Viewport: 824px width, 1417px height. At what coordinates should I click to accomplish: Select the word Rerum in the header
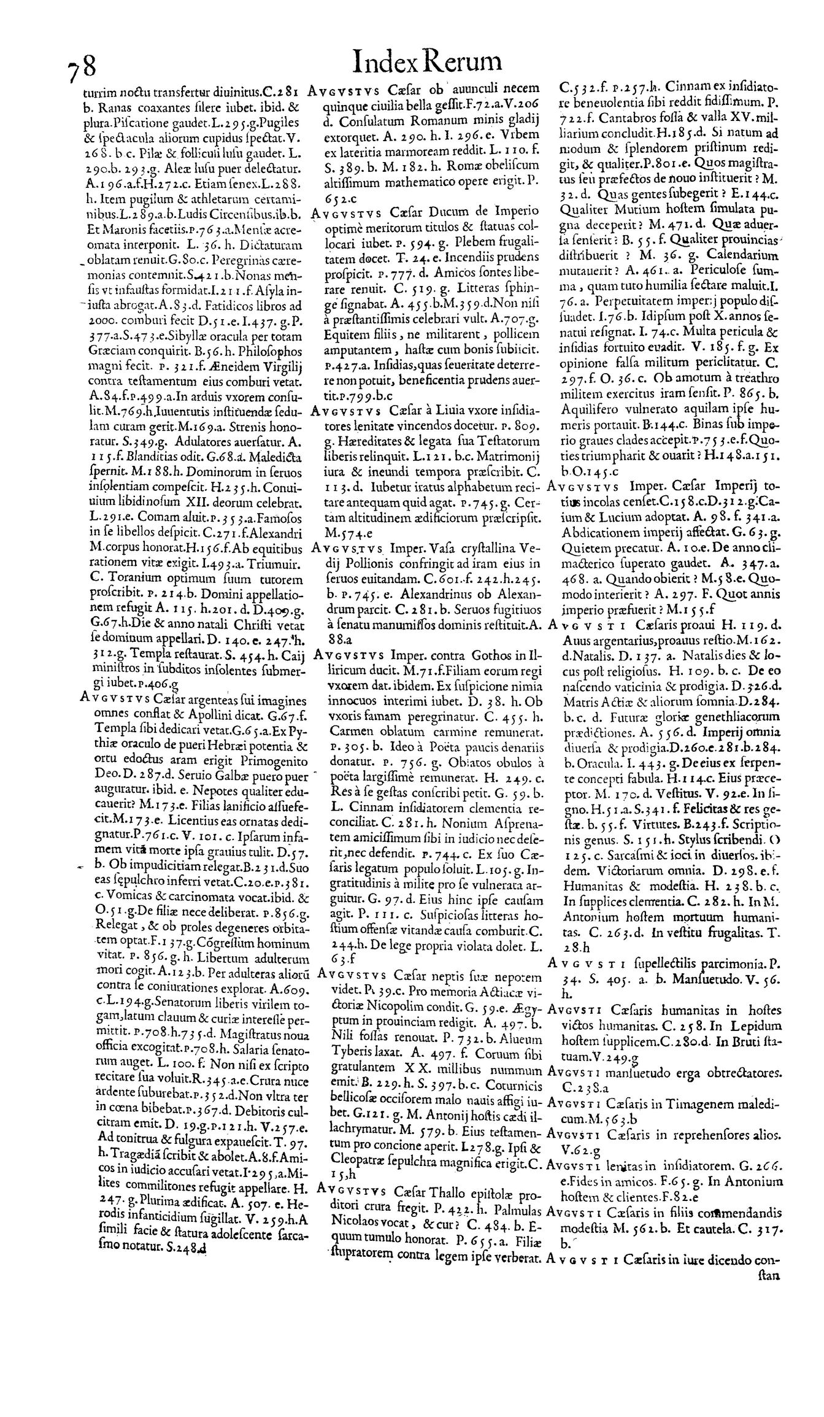coord(464,63)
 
